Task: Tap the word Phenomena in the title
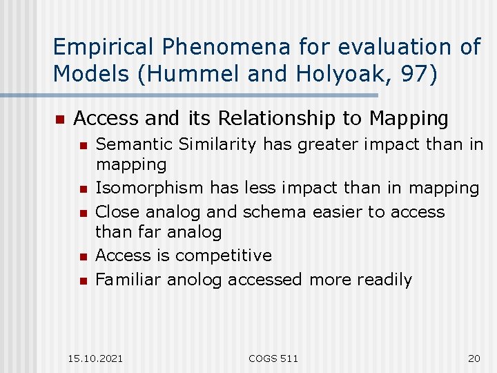[x=217, y=47]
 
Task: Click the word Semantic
[x=135, y=144]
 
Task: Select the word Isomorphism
[x=150, y=188]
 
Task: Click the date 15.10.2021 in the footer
[x=96, y=358]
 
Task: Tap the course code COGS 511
[x=273, y=358]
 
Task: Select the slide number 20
[x=474, y=358]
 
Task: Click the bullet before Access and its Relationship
[x=59, y=119]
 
